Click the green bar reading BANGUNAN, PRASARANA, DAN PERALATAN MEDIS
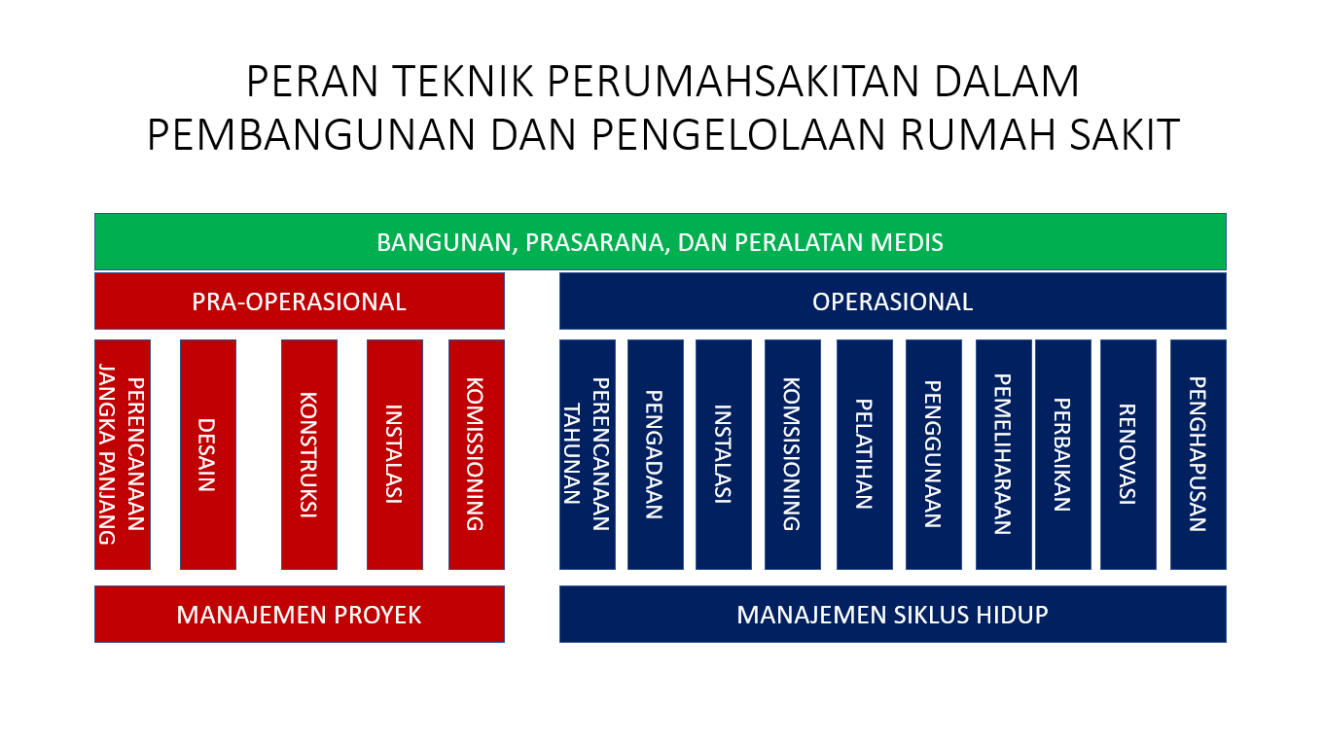click(x=661, y=242)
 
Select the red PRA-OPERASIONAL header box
click(x=300, y=301)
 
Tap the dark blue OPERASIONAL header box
click(x=892, y=301)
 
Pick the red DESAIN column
click(x=208, y=454)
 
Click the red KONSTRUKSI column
click(x=309, y=454)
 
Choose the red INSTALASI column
click(x=395, y=454)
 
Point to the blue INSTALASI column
click(x=724, y=454)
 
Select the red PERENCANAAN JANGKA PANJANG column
click(x=123, y=454)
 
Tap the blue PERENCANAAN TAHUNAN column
click(x=587, y=454)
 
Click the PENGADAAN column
click(x=656, y=454)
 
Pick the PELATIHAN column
click(x=865, y=454)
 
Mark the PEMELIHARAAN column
click(x=1004, y=454)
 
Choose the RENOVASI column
click(x=1128, y=454)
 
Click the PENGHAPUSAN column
click(x=1199, y=454)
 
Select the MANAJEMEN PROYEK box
click(x=300, y=614)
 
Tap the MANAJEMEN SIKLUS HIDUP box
click(x=892, y=614)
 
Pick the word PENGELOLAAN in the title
click(x=738, y=135)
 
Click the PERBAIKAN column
click(x=1062, y=454)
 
